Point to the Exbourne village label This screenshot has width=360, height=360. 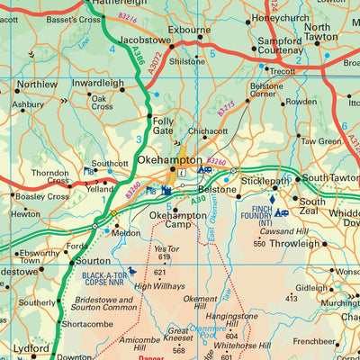tap(189, 30)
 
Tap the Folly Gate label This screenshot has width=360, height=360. tap(164, 125)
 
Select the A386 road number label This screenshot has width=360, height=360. tap(137, 57)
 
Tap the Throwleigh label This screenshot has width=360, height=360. tap(294, 243)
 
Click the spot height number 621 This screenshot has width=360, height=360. tap(162, 272)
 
